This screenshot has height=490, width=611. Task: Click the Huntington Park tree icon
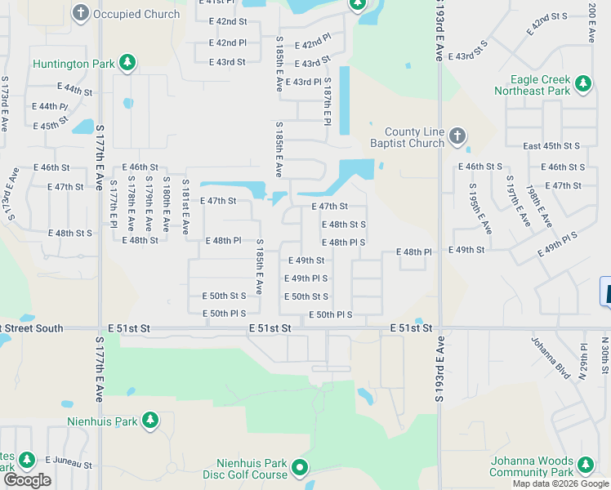click(x=127, y=62)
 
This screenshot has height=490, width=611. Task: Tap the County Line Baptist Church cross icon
click(x=457, y=137)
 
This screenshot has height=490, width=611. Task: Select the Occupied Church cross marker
click(x=81, y=13)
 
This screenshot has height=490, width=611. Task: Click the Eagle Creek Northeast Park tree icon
click(x=582, y=83)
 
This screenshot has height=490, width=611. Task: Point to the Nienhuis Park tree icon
click(x=149, y=420)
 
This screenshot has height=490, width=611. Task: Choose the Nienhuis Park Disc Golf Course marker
click(x=300, y=468)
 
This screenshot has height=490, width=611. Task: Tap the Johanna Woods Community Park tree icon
click(x=585, y=465)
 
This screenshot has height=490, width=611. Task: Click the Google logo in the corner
click(x=27, y=480)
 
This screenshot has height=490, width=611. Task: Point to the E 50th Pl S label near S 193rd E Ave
click(x=331, y=315)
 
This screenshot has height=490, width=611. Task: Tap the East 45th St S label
click(x=551, y=145)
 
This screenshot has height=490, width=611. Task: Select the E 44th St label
click(x=74, y=88)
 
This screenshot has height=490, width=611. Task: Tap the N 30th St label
click(x=604, y=356)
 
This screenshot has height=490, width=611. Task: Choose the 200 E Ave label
click(x=591, y=22)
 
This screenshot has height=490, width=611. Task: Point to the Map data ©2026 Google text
click(x=560, y=483)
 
